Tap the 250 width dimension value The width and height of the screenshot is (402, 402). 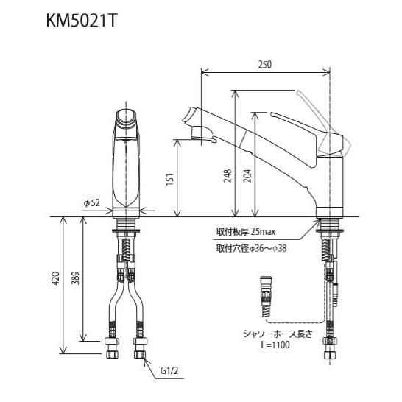pos(266,65)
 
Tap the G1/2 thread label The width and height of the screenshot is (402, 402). pos(170,372)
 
